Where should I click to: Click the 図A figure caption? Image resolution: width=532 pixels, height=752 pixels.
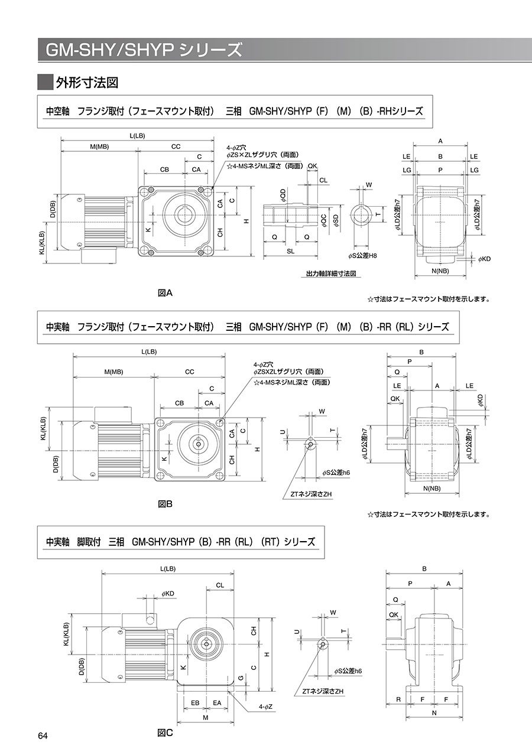pos(165,292)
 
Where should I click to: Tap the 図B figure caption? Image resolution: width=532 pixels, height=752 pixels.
pos(165,504)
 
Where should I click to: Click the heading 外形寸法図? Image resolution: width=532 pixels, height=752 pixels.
pos(87,82)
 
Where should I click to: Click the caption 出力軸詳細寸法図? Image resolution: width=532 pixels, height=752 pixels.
pos(331,274)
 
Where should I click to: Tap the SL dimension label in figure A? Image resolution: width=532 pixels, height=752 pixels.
pos(290,251)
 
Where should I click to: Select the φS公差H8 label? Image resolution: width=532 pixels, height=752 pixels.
pos(362,255)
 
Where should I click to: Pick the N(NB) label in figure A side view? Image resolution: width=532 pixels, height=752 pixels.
pos(440,271)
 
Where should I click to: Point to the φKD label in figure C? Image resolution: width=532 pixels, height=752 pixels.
pos(167,593)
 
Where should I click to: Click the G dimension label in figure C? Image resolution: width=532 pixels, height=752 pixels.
pos(241,678)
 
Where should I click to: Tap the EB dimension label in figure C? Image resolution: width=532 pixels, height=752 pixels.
pos(195,702)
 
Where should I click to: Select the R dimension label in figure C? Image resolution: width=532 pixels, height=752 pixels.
pos(398,699)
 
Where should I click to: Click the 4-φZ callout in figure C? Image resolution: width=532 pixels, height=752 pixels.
pos(264,706)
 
